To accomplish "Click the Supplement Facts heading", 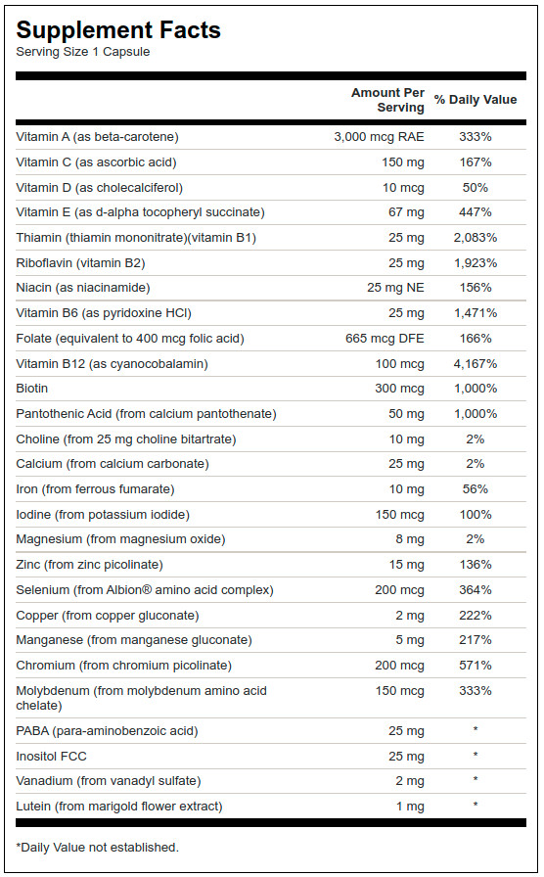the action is click(x=118, y=30).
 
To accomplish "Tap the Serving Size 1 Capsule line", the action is click(x=83, y=52).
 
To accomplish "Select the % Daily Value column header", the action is click(x=476, y=100).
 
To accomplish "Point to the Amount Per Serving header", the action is click(x=387, y=100).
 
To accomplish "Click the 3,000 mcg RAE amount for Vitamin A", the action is click(x=379, y=137).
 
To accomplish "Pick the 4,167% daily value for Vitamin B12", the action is click(x=476, y=364).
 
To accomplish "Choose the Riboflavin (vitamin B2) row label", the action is click(x=80, y=263).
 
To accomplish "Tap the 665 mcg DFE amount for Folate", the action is click(x=385, y=339).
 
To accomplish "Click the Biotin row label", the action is click(x=32, y=389).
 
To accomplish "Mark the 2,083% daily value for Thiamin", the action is click(x=476, y=238).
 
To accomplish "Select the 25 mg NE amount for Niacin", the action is click(x=395, y=288).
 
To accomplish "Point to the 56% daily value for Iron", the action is click(x=476, y=489).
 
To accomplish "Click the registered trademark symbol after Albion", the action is click(x=147, y=589).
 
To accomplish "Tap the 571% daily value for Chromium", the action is click(x=476, y=666).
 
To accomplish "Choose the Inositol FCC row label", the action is click(x=52, y=757).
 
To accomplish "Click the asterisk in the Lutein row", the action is click(x=476, y=805).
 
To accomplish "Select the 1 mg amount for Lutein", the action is click(x=410, y=807).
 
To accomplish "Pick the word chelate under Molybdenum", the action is click(x=39, y=706).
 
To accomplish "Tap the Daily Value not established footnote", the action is click(x=97, y=848).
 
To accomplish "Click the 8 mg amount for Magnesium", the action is click(x=410, y=539).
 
